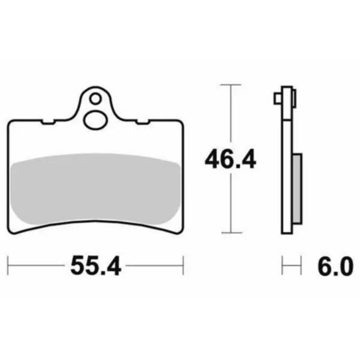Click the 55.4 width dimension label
pos(96,266)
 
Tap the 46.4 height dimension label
pos(230,159)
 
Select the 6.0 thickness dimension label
pos(335,266)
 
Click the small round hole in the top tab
pos(95,99)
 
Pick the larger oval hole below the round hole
pos(95,120)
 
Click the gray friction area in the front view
pos(95,189)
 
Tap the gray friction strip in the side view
pos(298,189)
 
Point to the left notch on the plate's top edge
pos(48,122)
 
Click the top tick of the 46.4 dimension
pos(231,85)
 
